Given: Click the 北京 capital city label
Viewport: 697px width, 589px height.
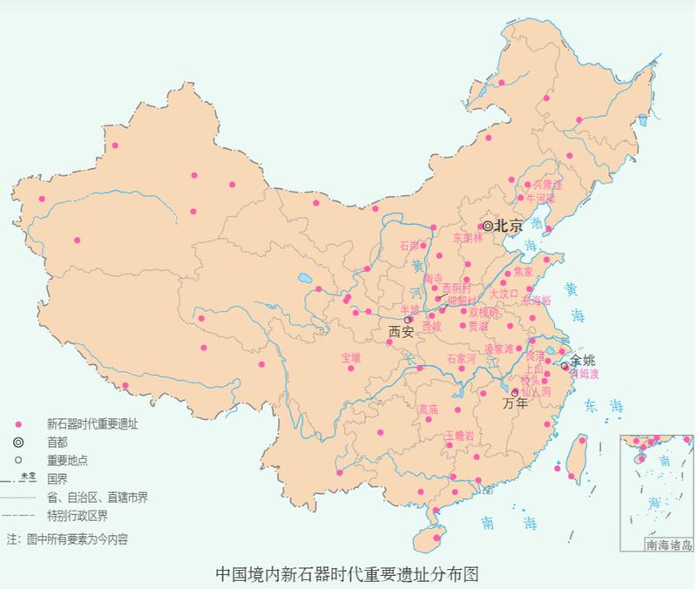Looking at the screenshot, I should click(x=509, y=226).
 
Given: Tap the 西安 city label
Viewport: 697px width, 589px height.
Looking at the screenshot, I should click(x=402, y=332).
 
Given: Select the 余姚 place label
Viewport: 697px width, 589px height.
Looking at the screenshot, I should click(x=583, y=360).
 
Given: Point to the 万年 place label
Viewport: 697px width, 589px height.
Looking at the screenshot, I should click(x=516, y=403).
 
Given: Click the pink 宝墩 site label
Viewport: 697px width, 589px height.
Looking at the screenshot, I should click(x=350, y=357).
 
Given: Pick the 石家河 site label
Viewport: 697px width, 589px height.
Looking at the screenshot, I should click(x=461, y=358).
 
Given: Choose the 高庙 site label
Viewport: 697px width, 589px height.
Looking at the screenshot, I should click(x=428, y=410).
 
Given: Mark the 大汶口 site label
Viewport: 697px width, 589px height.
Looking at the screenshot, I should click(x=504, y=294).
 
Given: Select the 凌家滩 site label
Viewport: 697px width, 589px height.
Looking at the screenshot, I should click(x=499, y=349).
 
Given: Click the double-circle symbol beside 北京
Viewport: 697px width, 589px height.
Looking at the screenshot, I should click(x=489, y=226).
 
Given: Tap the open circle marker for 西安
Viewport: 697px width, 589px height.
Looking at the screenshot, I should click(x=408, y=320).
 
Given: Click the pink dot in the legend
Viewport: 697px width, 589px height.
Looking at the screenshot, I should click(x=17, y=424).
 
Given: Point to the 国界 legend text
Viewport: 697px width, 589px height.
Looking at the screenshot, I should click(x=58, y=479).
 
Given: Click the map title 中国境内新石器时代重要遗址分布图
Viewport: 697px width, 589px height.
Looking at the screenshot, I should click(x=348, y=574).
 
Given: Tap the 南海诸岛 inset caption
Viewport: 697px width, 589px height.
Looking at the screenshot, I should click(x=669, y=545).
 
